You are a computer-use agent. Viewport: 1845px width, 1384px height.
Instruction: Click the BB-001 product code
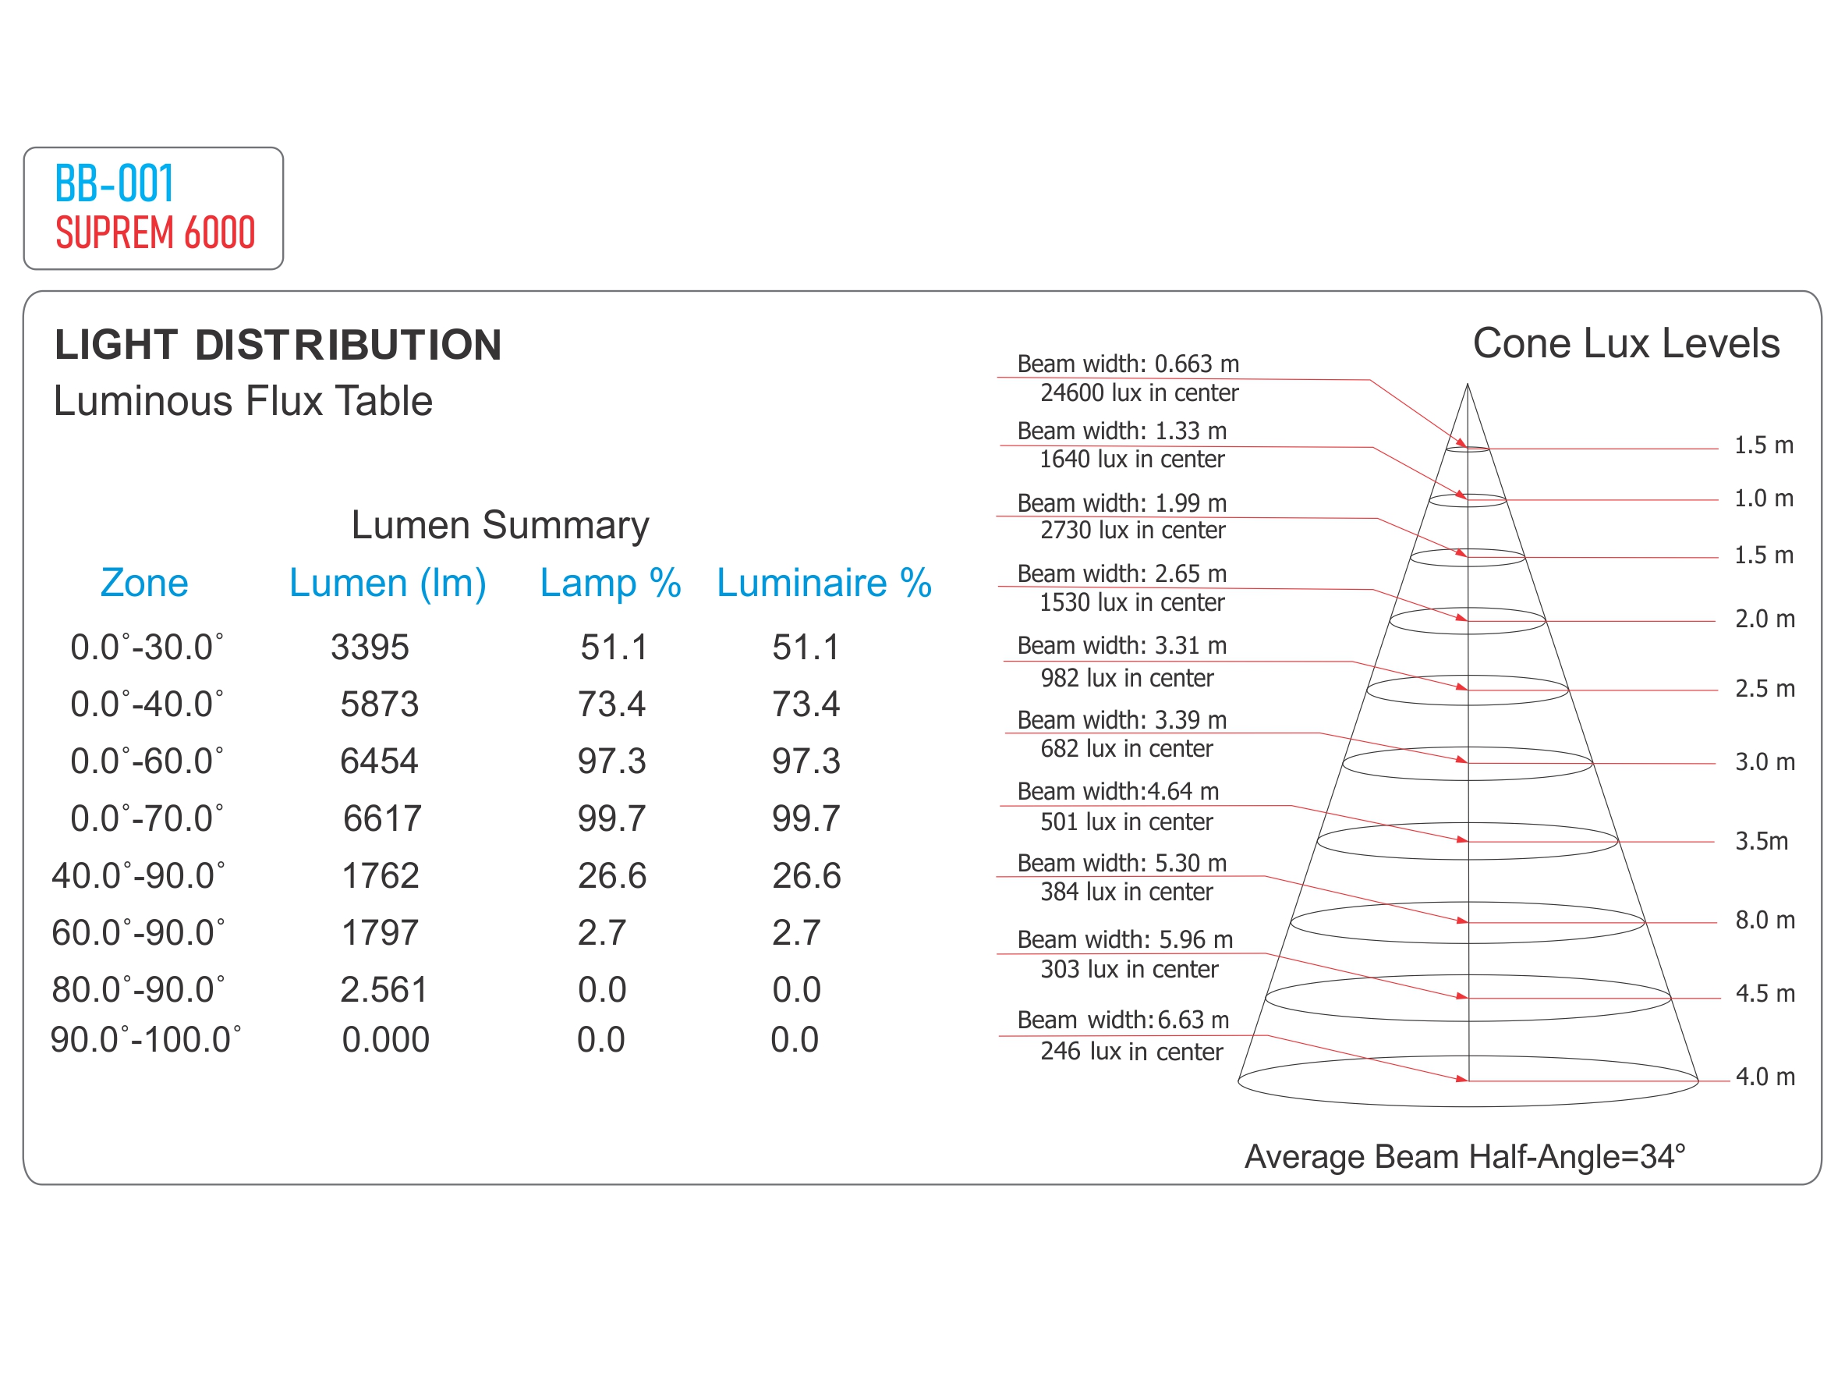[x=115, y=183]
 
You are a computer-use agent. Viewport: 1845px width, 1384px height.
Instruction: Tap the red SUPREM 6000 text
[x=155, y=232]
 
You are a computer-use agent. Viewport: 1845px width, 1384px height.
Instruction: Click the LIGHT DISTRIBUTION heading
[x=278, y=346]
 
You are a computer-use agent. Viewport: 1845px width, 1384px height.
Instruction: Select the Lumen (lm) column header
[x=387, y=583]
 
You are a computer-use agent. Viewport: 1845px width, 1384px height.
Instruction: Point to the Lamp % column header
[x=610, y=583]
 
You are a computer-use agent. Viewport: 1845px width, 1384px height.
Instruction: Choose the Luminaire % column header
[x=823, y=583]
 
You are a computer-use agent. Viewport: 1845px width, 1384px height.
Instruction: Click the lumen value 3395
[x=370, y=648]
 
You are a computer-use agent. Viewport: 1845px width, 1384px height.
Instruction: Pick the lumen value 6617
[x=382, y=818]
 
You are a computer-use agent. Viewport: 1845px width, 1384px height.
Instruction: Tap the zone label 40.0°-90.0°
[x=139, y=876]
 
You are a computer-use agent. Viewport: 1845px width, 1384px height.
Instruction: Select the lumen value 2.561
[x=384, y=990]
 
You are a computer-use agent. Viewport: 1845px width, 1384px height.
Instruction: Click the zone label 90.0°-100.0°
[x=146, y=1040]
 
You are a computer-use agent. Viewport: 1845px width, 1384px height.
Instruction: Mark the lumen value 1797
[x=380, y=932]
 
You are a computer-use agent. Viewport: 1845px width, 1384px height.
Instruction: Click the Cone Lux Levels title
[x=1626, y=344]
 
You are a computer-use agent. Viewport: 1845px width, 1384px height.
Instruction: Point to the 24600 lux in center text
[x=1139, y=393]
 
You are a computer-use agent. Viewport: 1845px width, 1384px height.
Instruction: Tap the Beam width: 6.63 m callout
[x=1123, y=1020]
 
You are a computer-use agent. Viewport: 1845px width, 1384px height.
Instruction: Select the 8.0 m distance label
[x=1764, y=920]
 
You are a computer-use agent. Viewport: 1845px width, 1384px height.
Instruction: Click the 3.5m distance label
[x=1761, y=841]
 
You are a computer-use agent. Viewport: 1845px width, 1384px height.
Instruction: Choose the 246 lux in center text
[x=1131, y=1051]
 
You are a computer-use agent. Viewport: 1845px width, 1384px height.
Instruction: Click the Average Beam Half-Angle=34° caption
[x=1464, y=1157]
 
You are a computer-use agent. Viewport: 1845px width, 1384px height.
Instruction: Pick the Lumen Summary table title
[x=500, y=526]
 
